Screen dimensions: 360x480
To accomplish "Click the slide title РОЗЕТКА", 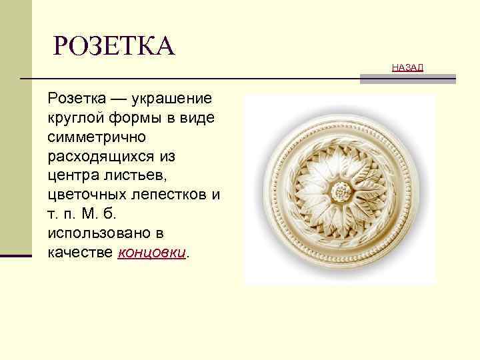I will point(114,47).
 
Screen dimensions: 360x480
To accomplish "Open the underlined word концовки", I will point(153,253).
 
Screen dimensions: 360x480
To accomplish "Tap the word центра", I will point(70,177).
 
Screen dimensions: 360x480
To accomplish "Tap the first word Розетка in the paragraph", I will point(74,99).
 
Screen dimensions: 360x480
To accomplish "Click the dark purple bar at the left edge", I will point(16,255).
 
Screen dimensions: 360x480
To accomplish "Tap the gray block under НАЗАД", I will point(408,79).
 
